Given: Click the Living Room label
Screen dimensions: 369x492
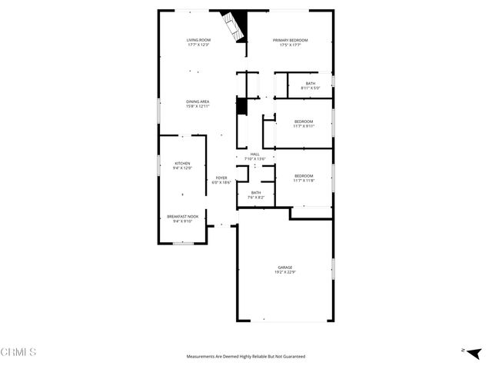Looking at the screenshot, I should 198,40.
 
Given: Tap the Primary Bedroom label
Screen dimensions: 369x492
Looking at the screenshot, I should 291,40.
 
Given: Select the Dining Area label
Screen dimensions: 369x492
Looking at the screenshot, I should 198,101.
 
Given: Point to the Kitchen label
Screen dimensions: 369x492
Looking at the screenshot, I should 182,163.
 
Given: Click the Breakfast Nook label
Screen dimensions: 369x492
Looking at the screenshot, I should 182,217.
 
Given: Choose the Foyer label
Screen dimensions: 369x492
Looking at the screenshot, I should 221,178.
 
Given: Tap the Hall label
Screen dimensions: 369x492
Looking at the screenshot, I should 254,155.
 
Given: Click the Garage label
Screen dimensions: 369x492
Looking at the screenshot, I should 285,268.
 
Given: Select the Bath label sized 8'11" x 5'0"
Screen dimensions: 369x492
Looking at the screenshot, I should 311,83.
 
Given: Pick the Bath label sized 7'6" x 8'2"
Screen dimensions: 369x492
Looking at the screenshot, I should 256,193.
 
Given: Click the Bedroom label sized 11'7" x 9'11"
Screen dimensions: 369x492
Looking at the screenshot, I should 304,121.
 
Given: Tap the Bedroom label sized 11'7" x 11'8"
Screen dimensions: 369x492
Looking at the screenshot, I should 304,177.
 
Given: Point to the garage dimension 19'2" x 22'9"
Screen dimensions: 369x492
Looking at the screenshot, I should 285,272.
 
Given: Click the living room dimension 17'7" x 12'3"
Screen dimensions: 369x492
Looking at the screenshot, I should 198,45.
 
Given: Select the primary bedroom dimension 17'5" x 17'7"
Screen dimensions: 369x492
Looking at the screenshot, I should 291,45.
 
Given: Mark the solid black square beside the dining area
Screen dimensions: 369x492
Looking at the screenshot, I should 241,106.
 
